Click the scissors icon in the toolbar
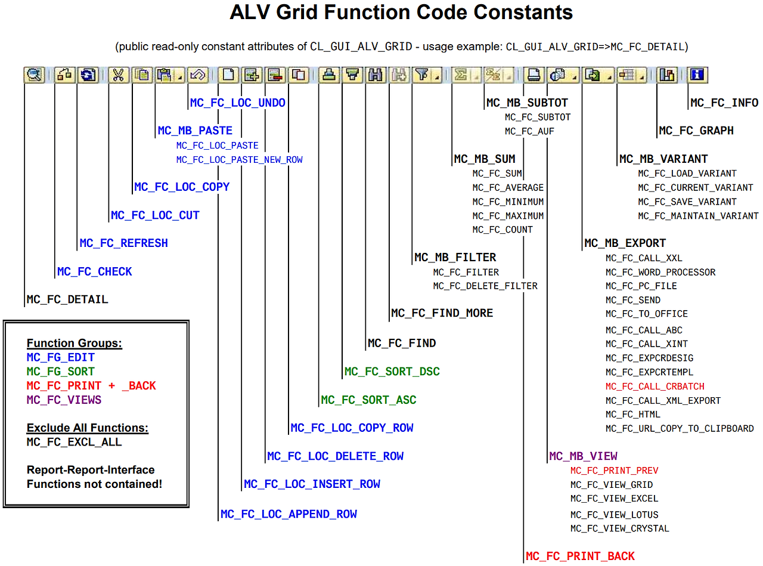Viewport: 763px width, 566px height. pos(119,75)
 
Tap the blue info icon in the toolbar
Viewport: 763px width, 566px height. pos(697,75)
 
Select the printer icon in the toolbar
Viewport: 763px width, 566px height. pos(534,75)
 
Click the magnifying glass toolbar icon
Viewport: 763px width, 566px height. pos(35,75)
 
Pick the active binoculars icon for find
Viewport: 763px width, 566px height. pos(376,75)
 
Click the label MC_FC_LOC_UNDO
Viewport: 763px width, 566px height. pos(237,103)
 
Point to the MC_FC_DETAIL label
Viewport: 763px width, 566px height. pos(67,299)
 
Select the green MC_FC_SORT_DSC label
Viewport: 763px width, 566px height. pos(392,372)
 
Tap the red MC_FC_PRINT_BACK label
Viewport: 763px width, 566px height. pos(580,556)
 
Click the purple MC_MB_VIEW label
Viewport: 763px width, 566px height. pos(583,456)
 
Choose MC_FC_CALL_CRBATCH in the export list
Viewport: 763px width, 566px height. pos(655,386)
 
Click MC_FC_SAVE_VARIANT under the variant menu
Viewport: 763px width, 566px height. pos(687,202)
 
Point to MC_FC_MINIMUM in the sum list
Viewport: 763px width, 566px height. pos(508,202)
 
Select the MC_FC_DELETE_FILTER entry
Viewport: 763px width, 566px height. pos(485,286)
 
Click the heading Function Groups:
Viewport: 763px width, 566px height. pos(75,343)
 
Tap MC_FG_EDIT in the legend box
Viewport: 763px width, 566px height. pos(61,357)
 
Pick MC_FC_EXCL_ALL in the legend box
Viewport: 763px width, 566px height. pos(74,442)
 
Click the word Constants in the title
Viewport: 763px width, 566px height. pos(523,13)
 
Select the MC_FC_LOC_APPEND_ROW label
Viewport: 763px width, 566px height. pos(289,514)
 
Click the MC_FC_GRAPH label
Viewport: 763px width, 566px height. pos(696,131)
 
